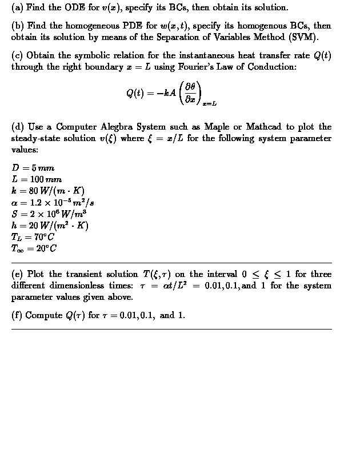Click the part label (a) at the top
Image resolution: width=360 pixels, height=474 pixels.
click(x=17, y=7)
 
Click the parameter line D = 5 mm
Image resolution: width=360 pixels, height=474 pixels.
click(x=33, y=168)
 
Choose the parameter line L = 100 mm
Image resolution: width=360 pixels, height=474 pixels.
click(x=37, y=179)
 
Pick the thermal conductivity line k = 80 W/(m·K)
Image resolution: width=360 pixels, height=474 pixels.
click(x=48, y=191)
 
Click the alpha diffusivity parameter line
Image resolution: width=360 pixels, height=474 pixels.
click(x=53, y=202)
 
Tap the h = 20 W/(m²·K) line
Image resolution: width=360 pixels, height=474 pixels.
click(x=50, y=225)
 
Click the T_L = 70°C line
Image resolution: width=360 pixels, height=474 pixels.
click(x=33, y=236)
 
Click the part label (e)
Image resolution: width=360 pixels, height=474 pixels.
click(x=17, y=274)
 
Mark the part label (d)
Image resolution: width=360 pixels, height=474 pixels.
click(x=18, y=127)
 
